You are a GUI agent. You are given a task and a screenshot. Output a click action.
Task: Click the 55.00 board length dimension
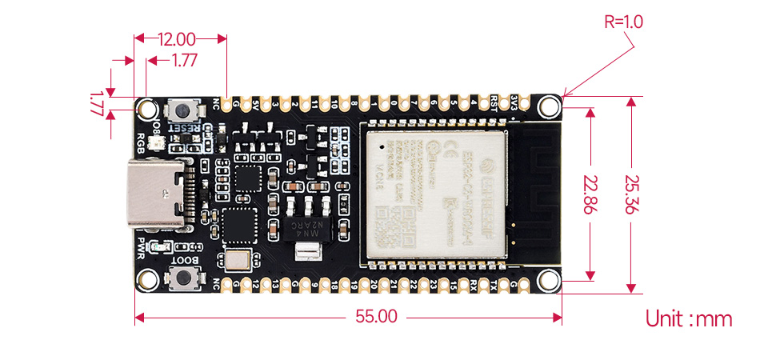tap(376, 316)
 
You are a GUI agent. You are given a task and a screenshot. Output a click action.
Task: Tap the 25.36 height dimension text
tap(631, 194)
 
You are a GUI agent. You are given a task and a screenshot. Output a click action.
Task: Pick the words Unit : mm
tap(689, 319)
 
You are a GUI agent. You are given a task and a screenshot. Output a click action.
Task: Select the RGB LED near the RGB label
tap(158, 144)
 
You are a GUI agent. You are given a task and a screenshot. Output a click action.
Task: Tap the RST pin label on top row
tap(494, 100)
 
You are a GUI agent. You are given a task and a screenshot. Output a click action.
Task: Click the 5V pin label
tap(255, 103)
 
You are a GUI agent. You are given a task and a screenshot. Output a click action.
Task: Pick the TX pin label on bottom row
tap(494, 284)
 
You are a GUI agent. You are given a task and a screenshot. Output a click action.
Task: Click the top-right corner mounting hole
tap(548, 106)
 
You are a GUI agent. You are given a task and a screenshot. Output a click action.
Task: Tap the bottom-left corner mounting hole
tap(148, 279)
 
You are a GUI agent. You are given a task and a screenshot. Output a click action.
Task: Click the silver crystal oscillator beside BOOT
tap(238, 259)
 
